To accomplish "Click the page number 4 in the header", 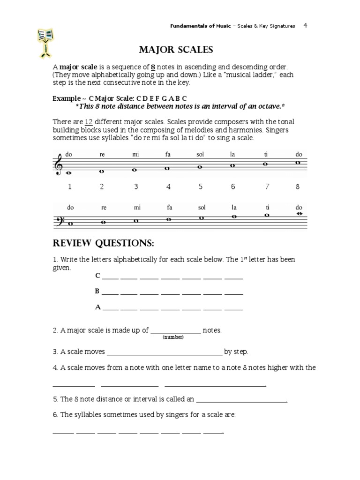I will coord(305,26).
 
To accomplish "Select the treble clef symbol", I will coord(59,166).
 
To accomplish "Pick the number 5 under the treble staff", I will coord(200,187).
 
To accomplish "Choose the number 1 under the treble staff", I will coord(70,187).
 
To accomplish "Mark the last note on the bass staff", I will coord(298,214).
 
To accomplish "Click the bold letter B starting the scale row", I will coord(97,291).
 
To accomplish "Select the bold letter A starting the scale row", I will coord(98,307).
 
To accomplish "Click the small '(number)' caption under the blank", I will coord(173,337).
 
